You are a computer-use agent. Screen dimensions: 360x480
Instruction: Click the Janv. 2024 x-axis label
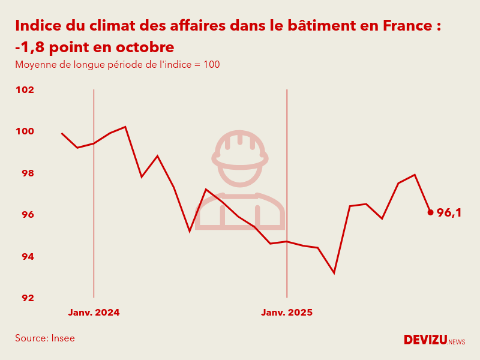[94, 313]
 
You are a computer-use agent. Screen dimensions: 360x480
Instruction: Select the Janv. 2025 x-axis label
[287, 313]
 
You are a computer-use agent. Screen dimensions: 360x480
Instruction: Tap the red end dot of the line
[430, 212]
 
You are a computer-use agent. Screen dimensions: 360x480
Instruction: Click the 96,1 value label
[449, 212]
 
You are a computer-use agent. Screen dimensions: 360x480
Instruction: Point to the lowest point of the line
[334, 273]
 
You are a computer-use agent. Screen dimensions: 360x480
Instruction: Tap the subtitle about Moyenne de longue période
[117, 65]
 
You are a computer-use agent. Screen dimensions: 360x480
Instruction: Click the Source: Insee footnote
[45, 338]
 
